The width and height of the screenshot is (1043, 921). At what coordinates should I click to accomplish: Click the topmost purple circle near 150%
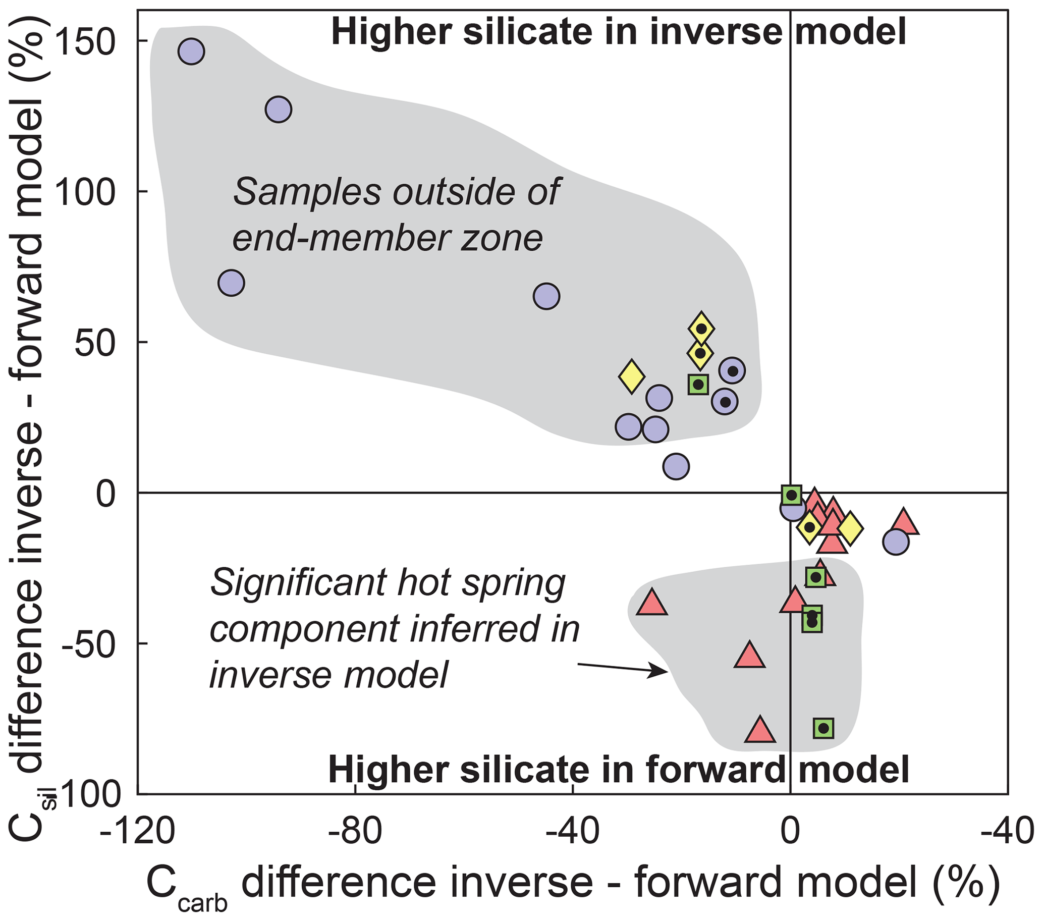(191, 51)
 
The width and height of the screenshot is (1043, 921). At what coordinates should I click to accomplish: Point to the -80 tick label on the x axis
(355, 833)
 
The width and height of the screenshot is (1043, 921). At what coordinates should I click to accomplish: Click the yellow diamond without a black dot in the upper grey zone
(632, 376)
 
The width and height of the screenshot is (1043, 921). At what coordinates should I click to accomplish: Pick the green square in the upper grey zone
(698, 384)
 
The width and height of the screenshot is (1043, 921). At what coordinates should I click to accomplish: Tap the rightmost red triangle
(903, 522)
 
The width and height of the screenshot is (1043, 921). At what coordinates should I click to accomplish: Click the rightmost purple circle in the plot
(896, 542)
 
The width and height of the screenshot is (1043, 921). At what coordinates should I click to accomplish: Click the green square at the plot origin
(791, 495)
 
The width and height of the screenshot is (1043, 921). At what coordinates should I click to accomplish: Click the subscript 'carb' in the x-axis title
(202, 904)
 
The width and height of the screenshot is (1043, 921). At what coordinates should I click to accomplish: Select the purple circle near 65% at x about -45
(546, 296)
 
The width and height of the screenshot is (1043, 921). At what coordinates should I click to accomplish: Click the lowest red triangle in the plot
(760, 730)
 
